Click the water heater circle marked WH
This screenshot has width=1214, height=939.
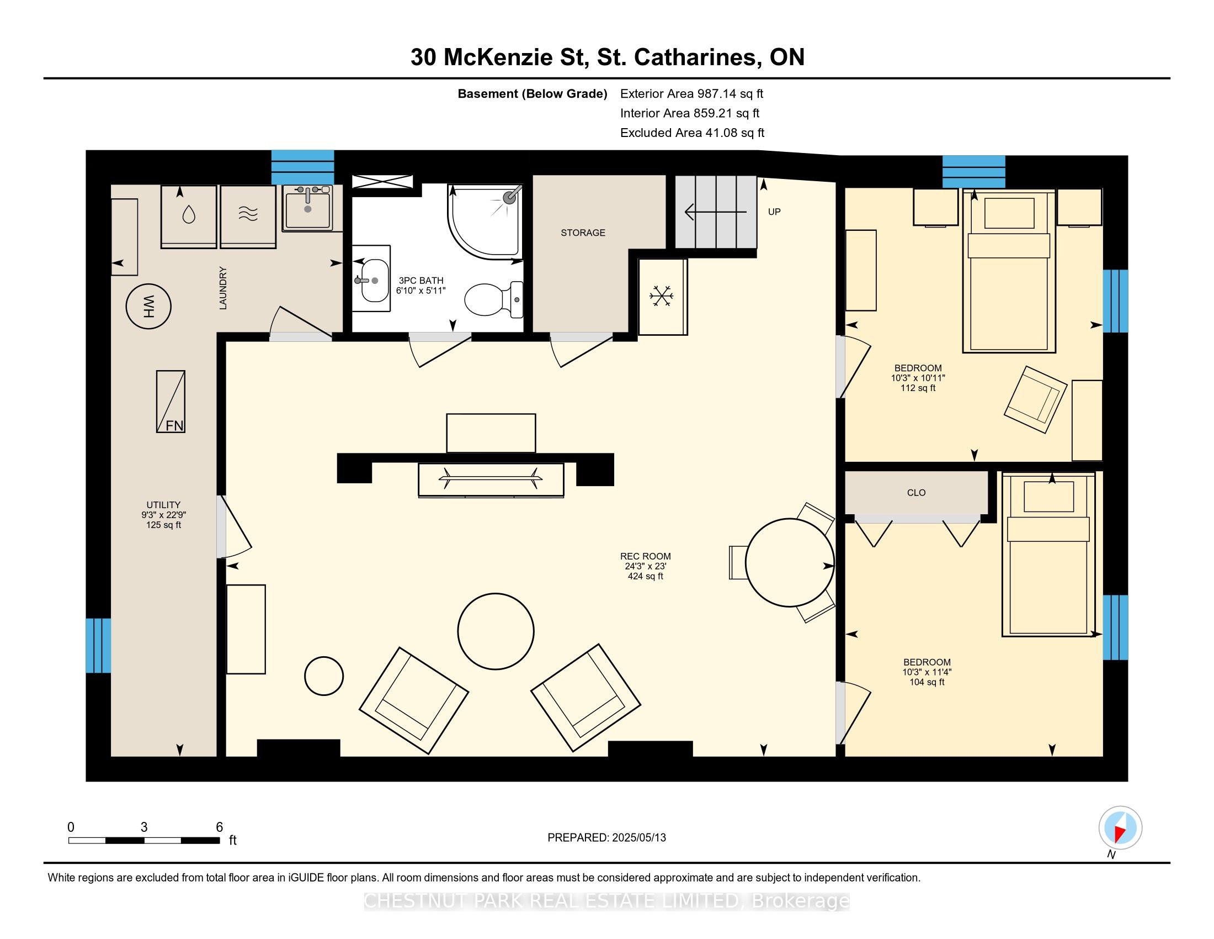click(x=148, y=306)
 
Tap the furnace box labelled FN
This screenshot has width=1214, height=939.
click(x=171, y=402)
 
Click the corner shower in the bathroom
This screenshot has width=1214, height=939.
click(x=485, y=222)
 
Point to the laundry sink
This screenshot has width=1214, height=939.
click(x=307, y=208)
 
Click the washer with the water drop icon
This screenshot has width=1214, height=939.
click(x=189, y=217)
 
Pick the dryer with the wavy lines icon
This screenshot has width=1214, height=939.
click(x=248, y=217)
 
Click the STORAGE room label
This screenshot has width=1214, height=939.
click(x=583, y=233)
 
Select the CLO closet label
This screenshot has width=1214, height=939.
click(x=916, y=492)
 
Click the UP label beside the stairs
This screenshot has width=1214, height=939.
click(x=774, y=212)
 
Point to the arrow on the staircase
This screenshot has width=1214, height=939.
click(x=715, y=212)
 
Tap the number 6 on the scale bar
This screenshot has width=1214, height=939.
click(x=220, y=827)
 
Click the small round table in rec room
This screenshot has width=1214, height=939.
click(x=324, y=676)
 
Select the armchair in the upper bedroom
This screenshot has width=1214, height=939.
click(x=1036, y=399)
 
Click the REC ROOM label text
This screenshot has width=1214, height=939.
click(x=646, y=556)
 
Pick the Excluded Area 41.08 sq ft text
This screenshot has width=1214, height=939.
click(x=692, y=133)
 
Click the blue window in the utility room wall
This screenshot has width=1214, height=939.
click(x=98, y=645)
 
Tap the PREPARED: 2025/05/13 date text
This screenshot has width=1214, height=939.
click(x=606, y=837)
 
